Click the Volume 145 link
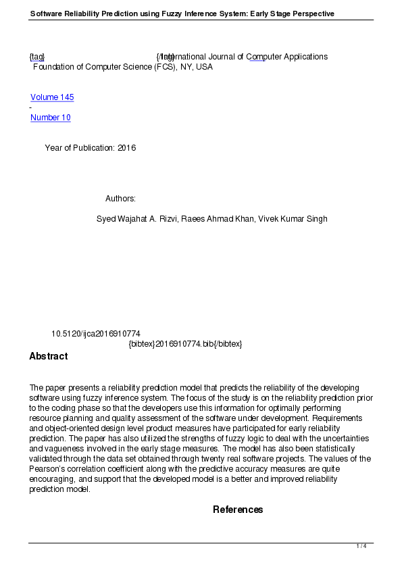(52, 97)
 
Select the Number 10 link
(50, 118)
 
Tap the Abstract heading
(48, 356)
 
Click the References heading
(238, 510)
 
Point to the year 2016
(126, 148)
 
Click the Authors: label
(120, 199)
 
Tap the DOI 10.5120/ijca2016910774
(96, 334)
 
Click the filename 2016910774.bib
(184, 344)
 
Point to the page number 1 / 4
(361, 546)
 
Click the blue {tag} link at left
(37, 57)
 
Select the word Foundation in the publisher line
(54, 67)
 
